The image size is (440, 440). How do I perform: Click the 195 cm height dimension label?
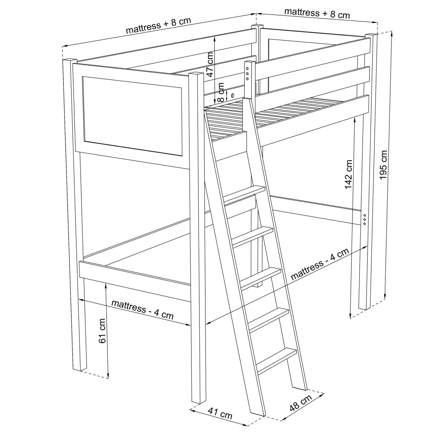(x=383, y=165)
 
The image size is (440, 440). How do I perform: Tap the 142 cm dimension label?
(x=349, y=174)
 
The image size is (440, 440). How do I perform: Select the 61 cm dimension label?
(x=102, y=331)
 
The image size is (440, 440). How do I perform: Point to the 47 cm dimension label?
(x=210, y=65)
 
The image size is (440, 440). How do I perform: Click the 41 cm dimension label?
(x=220, y=413)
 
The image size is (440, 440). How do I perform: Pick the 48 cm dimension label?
(x=301, y=403)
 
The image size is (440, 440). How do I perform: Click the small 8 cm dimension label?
(x=221, y=92)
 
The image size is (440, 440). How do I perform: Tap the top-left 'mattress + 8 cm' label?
(x=159, y=26)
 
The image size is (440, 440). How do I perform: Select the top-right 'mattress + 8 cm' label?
(x=317, y=13)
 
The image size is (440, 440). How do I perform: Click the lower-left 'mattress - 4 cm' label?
(x=142, y=309)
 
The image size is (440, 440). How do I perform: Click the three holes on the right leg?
(x=364, y=219)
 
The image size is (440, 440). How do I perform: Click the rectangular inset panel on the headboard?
(x=132, y=116)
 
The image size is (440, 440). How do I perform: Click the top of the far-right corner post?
(x=371, y=35)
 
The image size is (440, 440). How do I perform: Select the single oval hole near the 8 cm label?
(x=232, y=95)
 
